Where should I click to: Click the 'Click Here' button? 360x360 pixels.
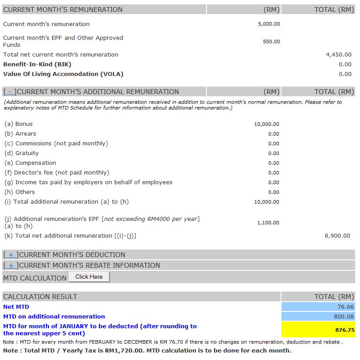[x=89, y=277]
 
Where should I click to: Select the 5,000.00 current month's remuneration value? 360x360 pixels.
[x=269, y=24]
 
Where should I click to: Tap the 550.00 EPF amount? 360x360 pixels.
[x=271, y=42]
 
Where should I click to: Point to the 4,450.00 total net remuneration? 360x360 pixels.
[x=338, y=55]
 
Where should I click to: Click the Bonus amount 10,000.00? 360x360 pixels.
[x=266, y=125]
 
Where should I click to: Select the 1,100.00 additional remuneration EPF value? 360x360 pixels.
[x=268, y=223]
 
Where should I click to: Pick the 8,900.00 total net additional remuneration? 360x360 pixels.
[x=337, y=236]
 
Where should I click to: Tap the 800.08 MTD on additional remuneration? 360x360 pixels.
[x=344, y=317]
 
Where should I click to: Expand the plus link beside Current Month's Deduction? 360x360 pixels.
[x=11, y=255]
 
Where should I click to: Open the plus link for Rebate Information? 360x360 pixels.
[x=11, y=265]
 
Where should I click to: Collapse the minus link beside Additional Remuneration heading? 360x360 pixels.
[x=10, y=92]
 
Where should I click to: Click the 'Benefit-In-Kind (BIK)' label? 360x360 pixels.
[x=37, y=64]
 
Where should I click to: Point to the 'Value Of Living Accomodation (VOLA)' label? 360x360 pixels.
[x=63, y=74]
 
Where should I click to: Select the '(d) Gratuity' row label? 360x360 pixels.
[x=22, y=153]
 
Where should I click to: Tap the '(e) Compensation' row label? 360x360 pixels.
[x=30, y=163]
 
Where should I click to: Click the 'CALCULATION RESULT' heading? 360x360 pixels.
[x=40, y=297]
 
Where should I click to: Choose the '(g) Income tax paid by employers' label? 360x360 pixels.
[x=88, y=182]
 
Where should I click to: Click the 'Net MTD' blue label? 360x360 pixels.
[x=16, y=307]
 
